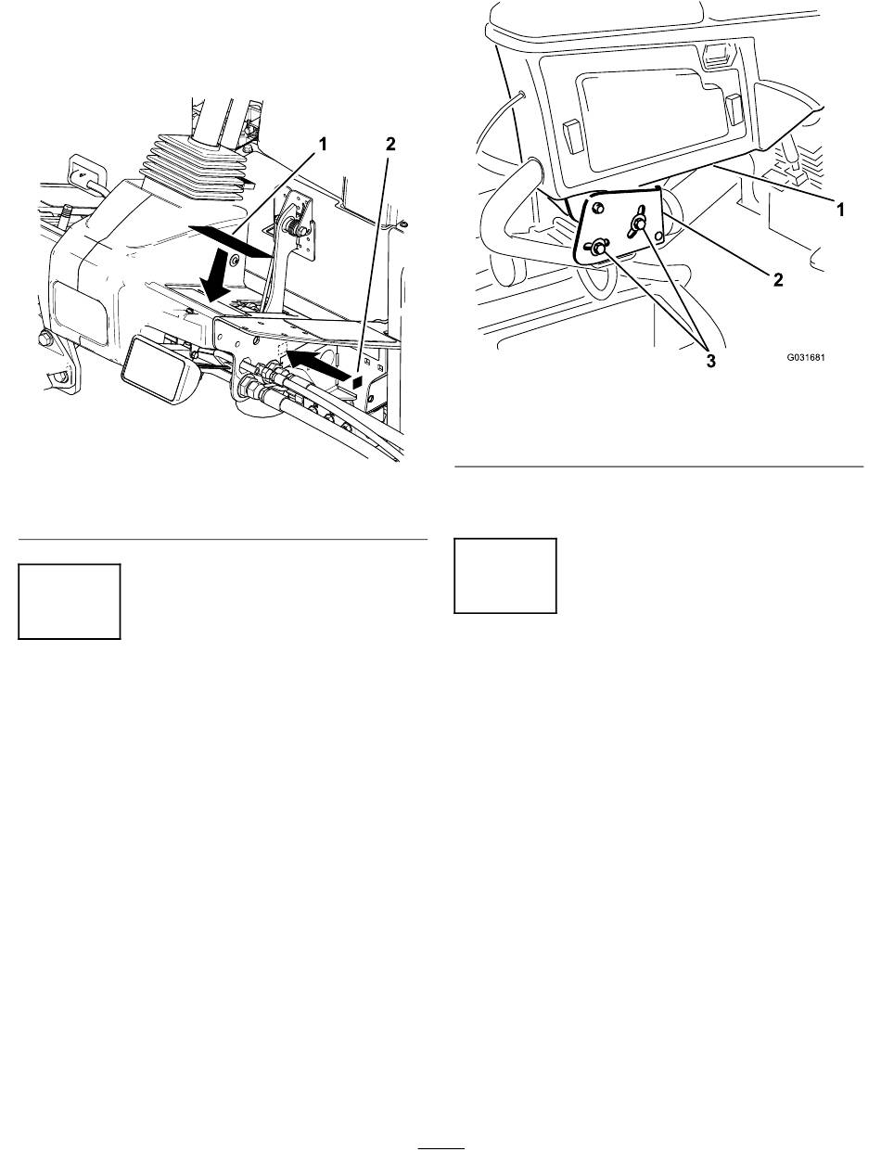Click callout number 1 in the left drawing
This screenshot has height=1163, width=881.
coord(322,144)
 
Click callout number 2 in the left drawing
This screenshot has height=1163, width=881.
coord(390,144)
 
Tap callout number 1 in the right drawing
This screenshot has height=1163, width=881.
coord(840,210)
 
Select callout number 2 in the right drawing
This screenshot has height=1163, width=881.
coord(778,279)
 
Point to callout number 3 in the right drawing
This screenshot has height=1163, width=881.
coord(711,362)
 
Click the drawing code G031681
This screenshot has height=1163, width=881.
coord(806,357)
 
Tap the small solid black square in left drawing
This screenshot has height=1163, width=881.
coord(357,380)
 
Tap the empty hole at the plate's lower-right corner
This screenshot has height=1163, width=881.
coord(658,236)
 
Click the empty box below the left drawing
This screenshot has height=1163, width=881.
coord(70,601)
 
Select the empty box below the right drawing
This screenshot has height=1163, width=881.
coord(505,576)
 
